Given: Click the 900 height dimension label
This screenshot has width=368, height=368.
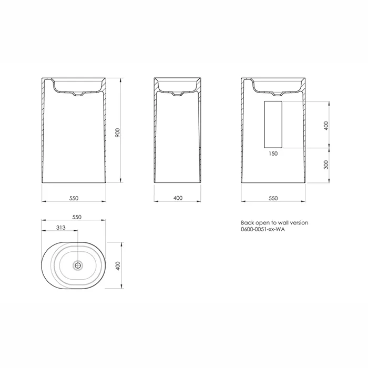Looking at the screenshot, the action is click(x=118, y=133).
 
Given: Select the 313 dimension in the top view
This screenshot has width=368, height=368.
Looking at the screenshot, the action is click(x=61, y=228).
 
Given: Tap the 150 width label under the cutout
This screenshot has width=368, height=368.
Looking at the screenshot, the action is click(x=273, y=154).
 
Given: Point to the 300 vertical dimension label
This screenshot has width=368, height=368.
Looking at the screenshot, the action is click(x=326, y=165).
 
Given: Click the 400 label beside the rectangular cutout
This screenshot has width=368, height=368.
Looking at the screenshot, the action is click(x=326, y=126).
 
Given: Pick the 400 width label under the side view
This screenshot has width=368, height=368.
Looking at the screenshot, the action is click(x=178, y=198).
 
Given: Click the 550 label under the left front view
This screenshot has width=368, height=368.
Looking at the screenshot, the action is click(x=74, y=198).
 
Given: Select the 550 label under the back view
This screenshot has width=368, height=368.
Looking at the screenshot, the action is click(x=273, y=198).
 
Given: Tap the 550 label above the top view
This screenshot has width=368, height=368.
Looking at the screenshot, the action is click(x=77, y=217).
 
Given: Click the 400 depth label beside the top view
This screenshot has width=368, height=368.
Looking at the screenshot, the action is click(x=118, y=266).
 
